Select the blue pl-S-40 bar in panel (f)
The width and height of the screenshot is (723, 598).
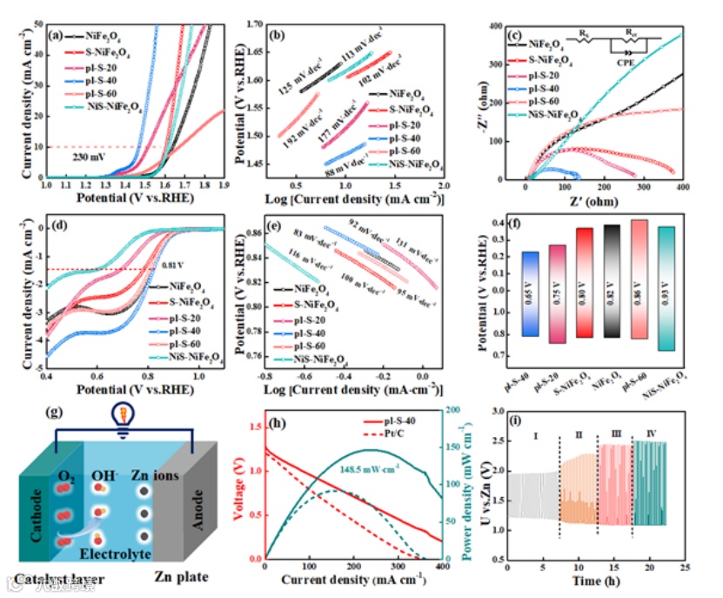530,293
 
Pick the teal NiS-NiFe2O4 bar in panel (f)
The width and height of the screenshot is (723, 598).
666,288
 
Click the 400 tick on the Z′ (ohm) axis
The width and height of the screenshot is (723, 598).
681,187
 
